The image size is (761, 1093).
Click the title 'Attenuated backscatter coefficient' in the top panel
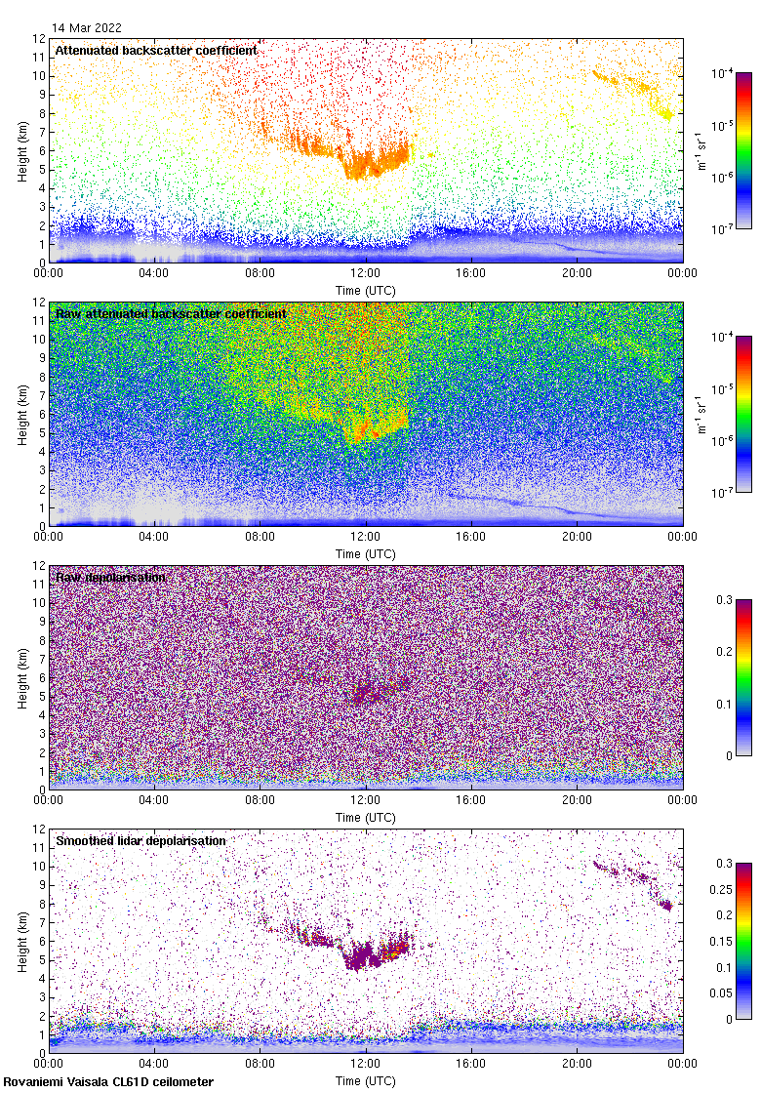pyautogui.click(x=156, y=50)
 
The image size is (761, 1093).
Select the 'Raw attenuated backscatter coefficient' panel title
pyautogui.click(x=171, y=313)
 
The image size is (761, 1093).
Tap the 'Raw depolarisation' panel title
pyautogui.click(x=110, y=577)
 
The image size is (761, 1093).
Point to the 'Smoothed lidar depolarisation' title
pyautogui.click(x=140, y=840)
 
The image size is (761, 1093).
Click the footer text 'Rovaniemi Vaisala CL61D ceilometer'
pyautogui.click(x=108, y=1081)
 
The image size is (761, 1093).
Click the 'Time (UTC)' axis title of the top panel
pyautogui.click(x=366, y=290)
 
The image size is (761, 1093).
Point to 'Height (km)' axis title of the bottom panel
pyautogui.click(x=22, y=941)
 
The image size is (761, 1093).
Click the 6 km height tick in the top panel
pyautogui.click(x=42, y=150)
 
